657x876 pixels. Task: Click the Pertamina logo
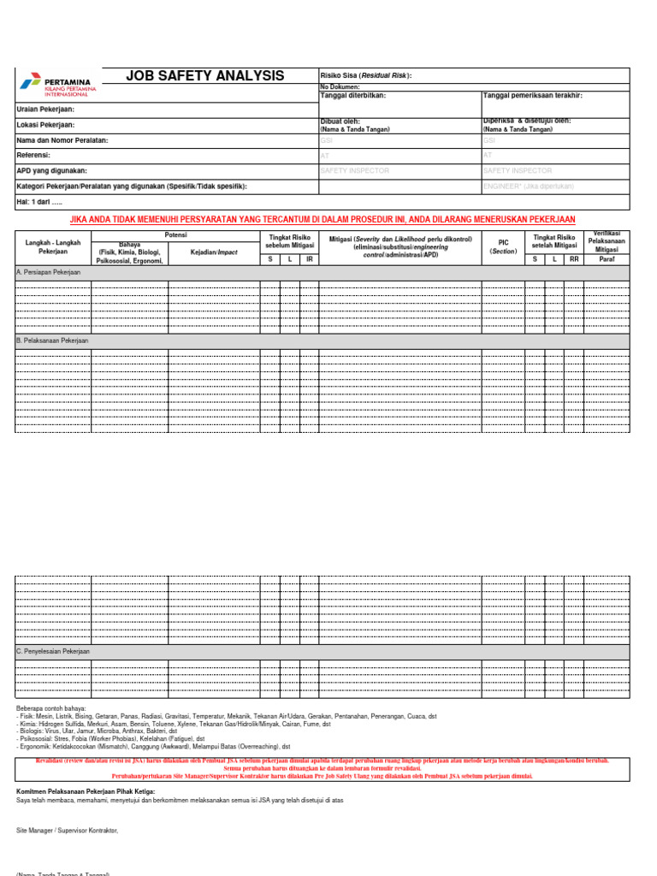coord(57,85)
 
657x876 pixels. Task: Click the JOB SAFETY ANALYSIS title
coord(205,76)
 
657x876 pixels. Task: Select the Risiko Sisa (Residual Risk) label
coord(365,76)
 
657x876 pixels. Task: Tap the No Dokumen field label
coord(341,87)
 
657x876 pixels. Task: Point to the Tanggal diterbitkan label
coord(353,96)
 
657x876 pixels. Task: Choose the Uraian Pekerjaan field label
coord(46,109)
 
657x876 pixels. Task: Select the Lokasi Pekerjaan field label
coord(46,125)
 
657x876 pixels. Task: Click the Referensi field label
coord(34,156)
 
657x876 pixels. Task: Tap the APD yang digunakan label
coord(52,170)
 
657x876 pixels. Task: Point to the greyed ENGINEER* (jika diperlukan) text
coord(529,186)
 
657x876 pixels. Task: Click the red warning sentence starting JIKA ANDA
coord(323,220)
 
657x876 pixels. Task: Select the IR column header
coord(309,258)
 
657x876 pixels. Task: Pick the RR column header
coord(573,258)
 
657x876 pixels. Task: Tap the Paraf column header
coord(607,258)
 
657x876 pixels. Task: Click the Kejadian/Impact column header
coord(214,252)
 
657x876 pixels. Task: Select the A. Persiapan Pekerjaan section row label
coord(49,272)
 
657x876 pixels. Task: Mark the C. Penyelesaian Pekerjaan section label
coord(53,652)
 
